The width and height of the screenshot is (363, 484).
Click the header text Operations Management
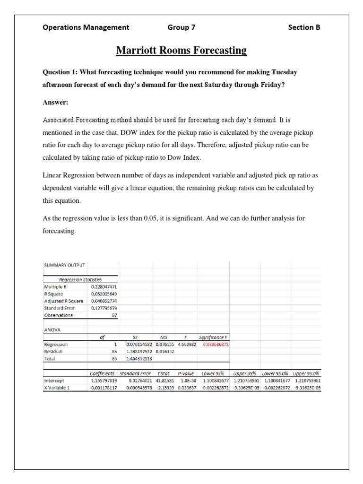click(86, 27)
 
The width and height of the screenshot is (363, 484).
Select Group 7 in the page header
click(181, 27)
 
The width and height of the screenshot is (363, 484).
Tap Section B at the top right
click(304, 27)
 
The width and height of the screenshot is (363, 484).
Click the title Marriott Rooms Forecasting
click(181, 50)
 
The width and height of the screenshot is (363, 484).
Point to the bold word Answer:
click(56, 102)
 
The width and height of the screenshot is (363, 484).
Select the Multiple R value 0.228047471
click(104, 287)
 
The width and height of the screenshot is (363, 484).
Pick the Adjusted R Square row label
click(64, 301)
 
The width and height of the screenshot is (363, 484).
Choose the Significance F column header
click(215, 337)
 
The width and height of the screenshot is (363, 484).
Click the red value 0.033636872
click(215, 345)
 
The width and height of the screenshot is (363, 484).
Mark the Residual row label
click(53, 352)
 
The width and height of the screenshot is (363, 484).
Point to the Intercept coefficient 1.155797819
click(103, 380)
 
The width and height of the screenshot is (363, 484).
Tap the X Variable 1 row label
click(57, 388)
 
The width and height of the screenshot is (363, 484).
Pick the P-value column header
click(186, 373)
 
